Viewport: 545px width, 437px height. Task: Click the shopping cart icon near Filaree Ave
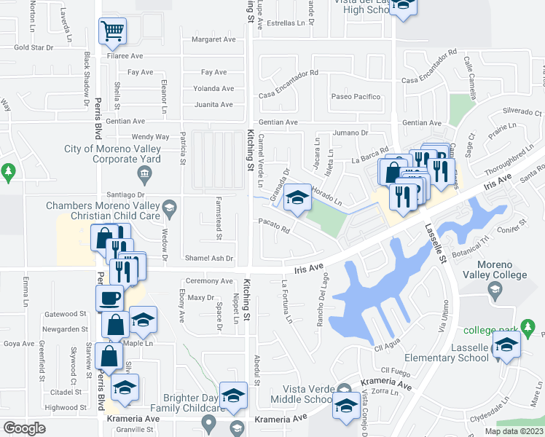coord(112,31)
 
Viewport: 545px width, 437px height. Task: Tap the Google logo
coord(24,428)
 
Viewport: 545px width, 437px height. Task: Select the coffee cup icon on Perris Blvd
coord(110,299)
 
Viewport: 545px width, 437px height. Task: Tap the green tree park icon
coord(8,173)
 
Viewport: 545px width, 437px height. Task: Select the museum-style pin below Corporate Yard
coord(144,173)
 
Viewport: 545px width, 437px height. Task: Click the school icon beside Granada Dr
coord(297,198)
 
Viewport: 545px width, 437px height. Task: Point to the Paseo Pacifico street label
coord(356,96)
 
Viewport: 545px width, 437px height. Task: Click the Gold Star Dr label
coord(34,47)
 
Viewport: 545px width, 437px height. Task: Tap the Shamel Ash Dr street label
coord(209,259)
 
